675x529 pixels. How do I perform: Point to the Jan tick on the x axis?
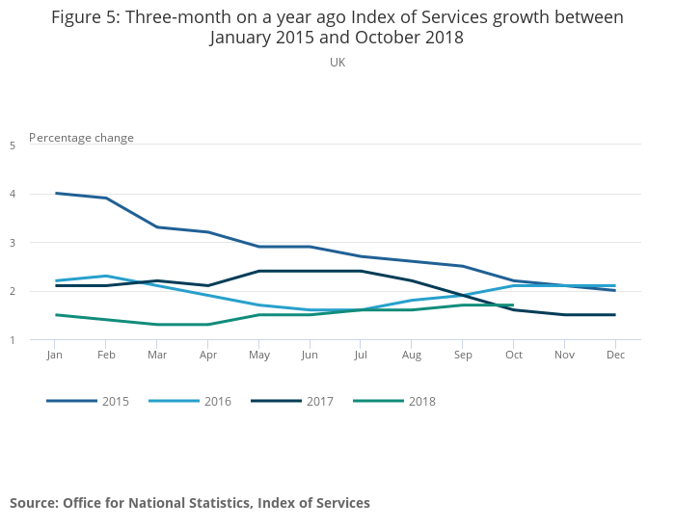point(56,356)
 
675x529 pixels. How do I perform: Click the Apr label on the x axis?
point(208,356)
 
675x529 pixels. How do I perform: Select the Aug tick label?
point(412,356)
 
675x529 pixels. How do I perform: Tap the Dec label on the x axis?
point(615,356)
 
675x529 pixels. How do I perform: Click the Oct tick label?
point(513,356)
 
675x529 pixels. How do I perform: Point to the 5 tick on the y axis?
point(13,145)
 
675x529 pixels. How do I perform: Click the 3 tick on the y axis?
point(13,243)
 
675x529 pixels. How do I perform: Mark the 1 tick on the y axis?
point(13,340)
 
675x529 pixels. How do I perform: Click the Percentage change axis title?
point(82,138)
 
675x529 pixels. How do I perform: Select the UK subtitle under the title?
point(337,63)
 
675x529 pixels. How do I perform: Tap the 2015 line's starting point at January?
point(56,194)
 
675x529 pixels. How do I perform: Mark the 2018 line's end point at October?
point(513,305)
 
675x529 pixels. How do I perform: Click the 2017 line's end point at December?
point(615,315)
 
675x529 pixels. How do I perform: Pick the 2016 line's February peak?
point(107,277)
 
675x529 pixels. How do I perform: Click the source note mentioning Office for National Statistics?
point(190,503)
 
